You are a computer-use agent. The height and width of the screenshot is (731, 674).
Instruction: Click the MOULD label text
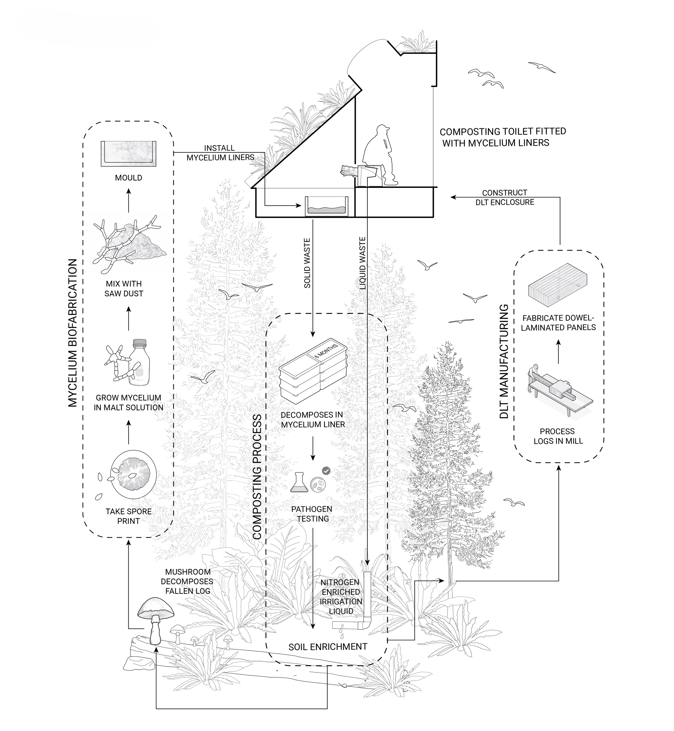[x=128, y=178]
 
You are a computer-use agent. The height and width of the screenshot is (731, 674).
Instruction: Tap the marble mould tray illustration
[x=128, y=154]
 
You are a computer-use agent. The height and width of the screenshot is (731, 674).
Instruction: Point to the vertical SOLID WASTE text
[x=307, y=263]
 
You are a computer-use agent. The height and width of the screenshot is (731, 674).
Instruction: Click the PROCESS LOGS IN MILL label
[x=558, y=436]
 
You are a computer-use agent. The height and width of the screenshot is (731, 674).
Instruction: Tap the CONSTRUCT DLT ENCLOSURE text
[x=504, y=197]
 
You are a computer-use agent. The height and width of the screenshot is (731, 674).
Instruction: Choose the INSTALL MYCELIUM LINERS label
[x=220, y=153]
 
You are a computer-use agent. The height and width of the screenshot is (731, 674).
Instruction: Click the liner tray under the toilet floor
[x=326, y=206]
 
